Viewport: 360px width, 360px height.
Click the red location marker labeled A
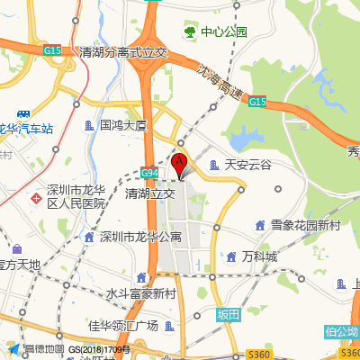click(x=178, y=164)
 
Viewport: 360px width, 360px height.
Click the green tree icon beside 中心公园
click(x=190, y=32)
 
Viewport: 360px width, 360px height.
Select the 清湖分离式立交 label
click(x=124, y=53)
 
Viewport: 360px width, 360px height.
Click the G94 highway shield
click(x=149, y=171)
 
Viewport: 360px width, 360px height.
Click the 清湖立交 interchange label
click(x=150, y=193)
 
